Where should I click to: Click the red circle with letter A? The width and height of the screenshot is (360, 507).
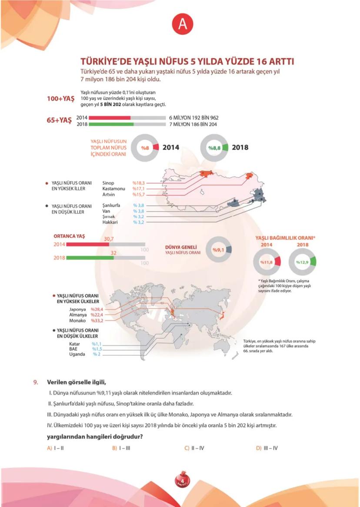(183, 24)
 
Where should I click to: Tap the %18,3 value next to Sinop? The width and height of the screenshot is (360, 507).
(138, 183)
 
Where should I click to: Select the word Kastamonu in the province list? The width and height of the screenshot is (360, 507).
(114, 189)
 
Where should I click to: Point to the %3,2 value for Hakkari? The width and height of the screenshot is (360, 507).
(139, 222)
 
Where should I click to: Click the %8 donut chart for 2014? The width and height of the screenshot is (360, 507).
(145, 148)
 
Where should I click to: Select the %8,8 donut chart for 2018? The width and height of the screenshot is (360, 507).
(215, 148)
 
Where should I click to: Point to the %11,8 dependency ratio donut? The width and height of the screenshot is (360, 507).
(267, 262)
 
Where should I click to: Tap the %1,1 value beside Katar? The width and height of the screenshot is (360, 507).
(97, 344)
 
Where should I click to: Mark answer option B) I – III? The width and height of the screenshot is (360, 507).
(121, 447)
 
